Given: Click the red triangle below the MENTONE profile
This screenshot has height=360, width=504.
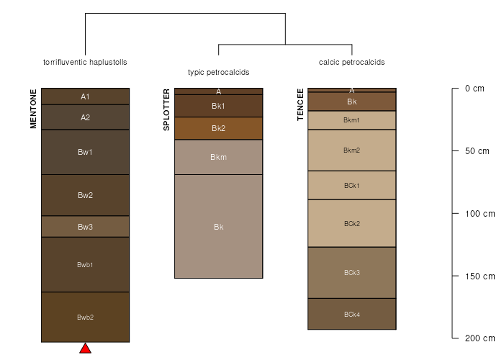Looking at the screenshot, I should point(85,349).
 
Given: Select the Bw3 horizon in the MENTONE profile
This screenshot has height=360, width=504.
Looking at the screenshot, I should point(85,227).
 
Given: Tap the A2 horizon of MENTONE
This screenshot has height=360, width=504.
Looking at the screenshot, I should point(85,117).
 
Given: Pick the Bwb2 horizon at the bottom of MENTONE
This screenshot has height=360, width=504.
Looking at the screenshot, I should point(85,317).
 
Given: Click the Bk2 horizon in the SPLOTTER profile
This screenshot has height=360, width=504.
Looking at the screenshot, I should point(218,128).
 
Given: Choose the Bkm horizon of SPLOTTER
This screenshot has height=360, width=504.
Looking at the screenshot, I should point(218,157).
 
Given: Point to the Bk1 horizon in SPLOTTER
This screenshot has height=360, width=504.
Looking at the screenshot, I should point(218,106).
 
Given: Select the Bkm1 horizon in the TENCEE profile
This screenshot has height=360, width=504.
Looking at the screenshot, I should point(352,120).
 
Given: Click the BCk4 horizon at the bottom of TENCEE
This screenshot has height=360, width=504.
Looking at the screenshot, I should point(352,314).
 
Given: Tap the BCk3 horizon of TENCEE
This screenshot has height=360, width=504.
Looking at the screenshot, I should point(352,272).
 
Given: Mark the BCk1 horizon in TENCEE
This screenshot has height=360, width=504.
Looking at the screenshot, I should point(352,185).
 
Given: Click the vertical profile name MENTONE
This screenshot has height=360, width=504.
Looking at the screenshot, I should point(33,109).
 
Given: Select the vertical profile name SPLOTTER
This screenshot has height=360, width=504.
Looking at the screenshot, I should point(166,110).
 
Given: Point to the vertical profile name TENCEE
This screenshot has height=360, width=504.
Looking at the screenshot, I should point(300,104).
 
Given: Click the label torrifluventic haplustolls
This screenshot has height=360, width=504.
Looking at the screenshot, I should point(85,62).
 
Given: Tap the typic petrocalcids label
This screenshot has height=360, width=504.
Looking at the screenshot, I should point(218,72).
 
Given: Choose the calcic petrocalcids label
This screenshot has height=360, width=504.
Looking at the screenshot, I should point(352,62).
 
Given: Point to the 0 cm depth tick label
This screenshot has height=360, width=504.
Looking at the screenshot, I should point(474,89).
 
